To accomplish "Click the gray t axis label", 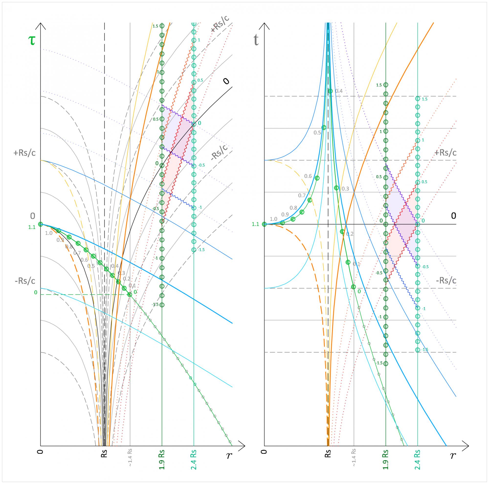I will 256,40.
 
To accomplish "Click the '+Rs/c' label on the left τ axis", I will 24,153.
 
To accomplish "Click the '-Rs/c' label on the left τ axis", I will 24,281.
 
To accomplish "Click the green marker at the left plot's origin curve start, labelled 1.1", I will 40,224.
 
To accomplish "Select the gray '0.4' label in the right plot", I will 339,91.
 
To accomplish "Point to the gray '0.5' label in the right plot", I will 317,133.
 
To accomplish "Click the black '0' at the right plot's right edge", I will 454,216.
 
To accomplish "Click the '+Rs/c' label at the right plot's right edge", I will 445,153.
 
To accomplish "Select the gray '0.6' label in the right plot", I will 308,176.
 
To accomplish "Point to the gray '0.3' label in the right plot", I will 345,189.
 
